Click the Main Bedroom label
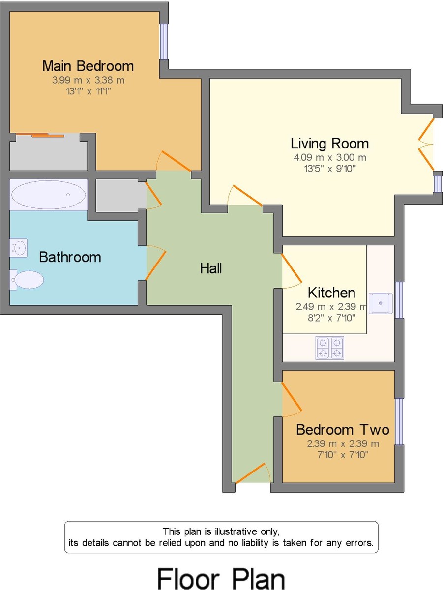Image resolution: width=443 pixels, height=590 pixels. tap(88, 66)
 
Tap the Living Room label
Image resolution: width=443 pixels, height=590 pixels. tap(329, 144)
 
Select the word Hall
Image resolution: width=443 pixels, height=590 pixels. tap(211, 268)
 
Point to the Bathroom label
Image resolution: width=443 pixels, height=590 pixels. tap(70, 257)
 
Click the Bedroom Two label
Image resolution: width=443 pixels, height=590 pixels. tap(342, 430)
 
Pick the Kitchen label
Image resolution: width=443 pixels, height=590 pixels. tap(331, 293)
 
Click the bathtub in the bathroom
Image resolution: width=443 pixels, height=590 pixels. tap(48, 195)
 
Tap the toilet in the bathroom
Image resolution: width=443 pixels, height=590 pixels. tap(28, 280)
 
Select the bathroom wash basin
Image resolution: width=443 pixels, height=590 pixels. tap(19, 248)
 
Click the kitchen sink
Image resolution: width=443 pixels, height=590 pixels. tap(381, 302)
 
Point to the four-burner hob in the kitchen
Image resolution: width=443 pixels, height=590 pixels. tap(329, 348)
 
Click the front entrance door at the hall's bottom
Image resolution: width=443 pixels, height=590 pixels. tap(253, 473)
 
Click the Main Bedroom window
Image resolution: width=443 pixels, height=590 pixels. tap(164, 41)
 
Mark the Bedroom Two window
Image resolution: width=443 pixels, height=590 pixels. tap(399, 421)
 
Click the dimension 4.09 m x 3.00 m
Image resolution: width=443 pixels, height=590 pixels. tap(329, 158)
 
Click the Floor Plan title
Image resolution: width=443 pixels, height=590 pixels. tap(221, 579)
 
